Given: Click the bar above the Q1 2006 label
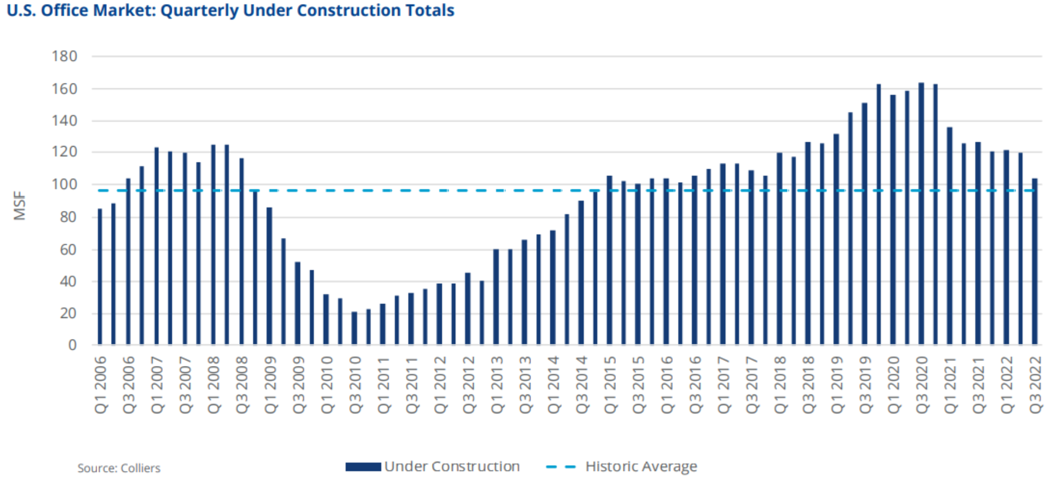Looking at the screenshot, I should point(100,277).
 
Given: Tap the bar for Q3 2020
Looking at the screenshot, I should point(921,214).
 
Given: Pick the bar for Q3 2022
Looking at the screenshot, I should point(1035,262).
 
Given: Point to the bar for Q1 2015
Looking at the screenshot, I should point(609,260).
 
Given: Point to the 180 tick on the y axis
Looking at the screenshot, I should point(64,56).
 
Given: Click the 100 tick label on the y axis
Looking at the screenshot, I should point(64,184).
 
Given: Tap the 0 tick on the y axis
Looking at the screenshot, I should point(72,345).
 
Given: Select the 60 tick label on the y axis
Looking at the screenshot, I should point(68,250).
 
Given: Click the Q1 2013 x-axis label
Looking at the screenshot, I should point(497,385).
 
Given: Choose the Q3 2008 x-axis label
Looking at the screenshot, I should point(242,385).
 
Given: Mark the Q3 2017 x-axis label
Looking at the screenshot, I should point(752,385).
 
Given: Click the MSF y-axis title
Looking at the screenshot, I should point(20,206).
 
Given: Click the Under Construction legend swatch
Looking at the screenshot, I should point(363,467).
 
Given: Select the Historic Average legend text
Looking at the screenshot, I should point(641,467).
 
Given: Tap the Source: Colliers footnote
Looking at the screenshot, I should point(119,468).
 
